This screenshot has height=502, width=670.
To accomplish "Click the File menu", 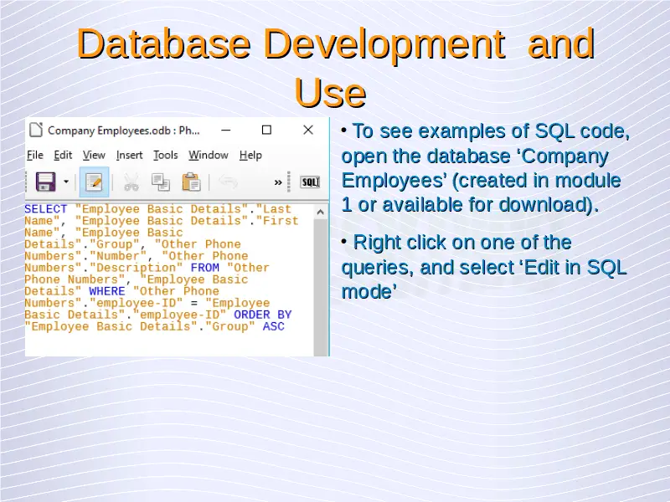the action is pos(35,156).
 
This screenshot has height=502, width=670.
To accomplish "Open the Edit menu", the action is pos(63,156).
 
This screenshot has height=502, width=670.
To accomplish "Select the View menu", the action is pos(94,156).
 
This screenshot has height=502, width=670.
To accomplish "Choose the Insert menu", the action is pos(130,156).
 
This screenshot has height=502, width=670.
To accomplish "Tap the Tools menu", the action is pos(166,156).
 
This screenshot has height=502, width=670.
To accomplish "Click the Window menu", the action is pos(209,156).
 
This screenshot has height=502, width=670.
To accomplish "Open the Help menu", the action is pos(250,156).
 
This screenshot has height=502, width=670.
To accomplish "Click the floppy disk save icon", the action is pos(46,182).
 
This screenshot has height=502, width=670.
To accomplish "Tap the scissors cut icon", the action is pos(131,182).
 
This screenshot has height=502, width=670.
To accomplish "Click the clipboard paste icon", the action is pos(191,182).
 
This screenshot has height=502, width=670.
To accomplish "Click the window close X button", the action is pos(308,130).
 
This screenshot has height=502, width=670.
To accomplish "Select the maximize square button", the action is pos(266,130).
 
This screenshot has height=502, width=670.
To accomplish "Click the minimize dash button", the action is pos(226,130).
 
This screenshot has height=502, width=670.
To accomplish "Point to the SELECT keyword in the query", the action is pos(46,209).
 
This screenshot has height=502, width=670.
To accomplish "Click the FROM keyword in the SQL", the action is pos(204,268).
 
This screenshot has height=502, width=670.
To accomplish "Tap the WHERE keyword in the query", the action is pos(107,291).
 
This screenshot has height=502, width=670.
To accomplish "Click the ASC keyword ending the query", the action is pos(274,326).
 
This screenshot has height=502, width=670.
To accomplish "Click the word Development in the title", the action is pos(384,44).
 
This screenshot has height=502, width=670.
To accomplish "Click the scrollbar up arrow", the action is pos(321,213).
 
